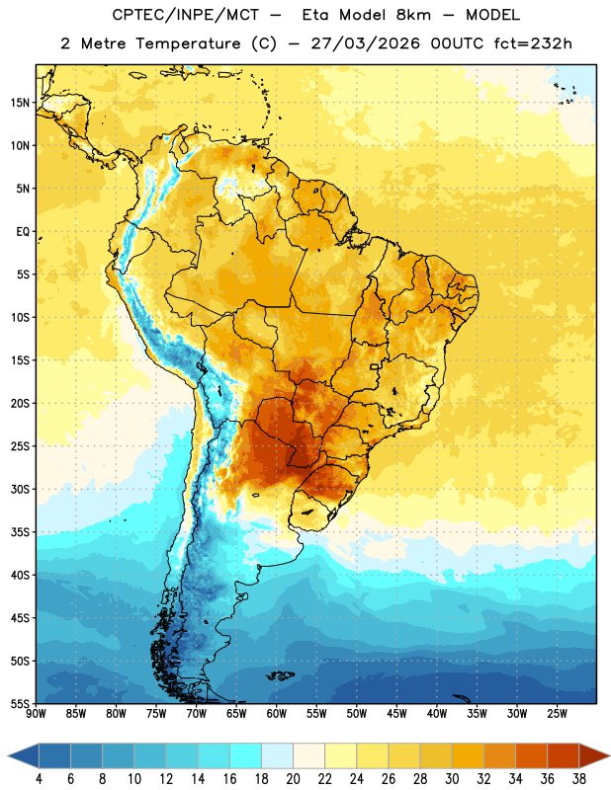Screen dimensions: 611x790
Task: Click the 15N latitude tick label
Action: pos(20,103)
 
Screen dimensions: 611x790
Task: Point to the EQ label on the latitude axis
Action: pos(23,232)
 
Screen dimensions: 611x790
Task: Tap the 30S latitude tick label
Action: pos(20,489)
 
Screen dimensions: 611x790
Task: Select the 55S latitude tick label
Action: pos(20,702)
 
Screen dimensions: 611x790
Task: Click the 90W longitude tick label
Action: pos(37,713)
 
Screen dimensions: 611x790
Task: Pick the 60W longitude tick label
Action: pos(277,713)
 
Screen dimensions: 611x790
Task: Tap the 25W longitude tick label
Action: pos(557,713)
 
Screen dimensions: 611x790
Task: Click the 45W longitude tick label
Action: pos(396,713)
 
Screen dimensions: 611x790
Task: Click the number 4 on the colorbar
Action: pos(39,779)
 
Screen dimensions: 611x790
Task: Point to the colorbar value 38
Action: pos(578,779)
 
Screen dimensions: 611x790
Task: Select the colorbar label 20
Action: pos(293,779)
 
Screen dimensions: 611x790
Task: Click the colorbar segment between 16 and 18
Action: pos(246,756)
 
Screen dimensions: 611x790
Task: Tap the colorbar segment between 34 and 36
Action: pos(531,756)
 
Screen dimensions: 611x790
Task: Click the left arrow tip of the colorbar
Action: pos(8,756)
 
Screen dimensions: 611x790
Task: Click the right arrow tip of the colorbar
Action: pos(610,756)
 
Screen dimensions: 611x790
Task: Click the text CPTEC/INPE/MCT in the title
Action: pos(185,15)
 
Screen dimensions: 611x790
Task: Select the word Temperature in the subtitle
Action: pos(188,43)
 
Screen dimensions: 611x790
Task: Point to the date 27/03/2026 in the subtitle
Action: pos(365,43)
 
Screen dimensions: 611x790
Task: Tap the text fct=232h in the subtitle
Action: pos(533,43)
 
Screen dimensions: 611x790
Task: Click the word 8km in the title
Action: pos(413,15)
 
